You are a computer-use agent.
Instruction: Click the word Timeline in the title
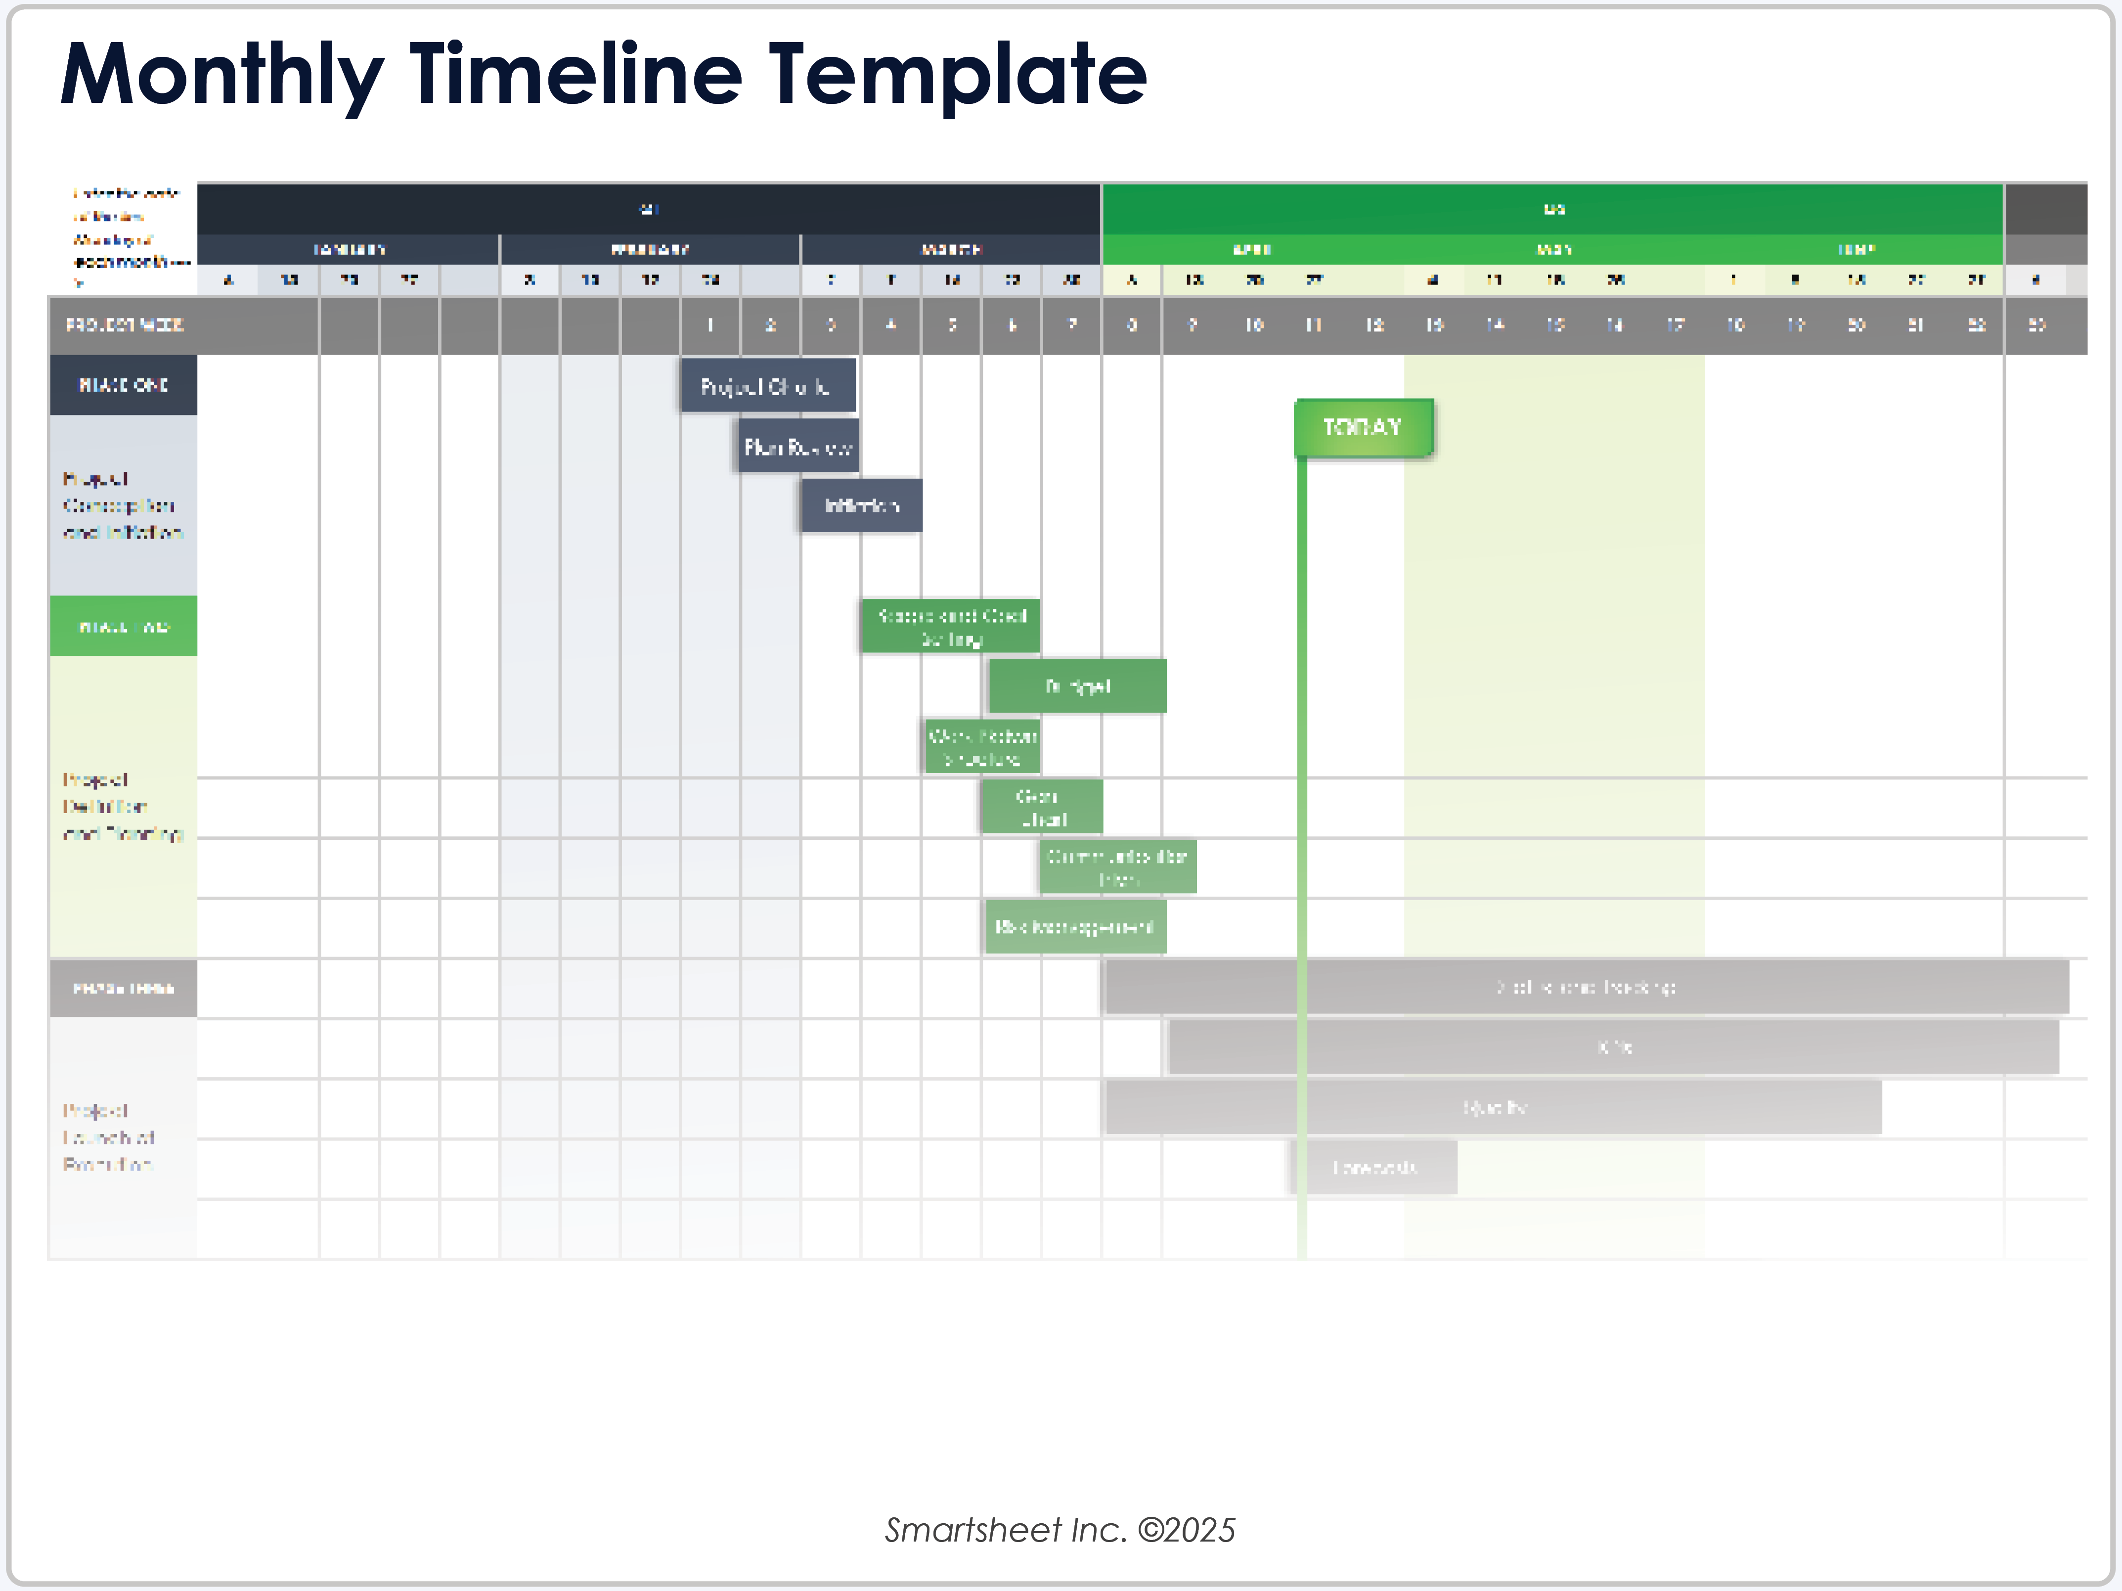(x=575, y=75)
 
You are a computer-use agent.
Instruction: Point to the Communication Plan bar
(x=1117, y=866)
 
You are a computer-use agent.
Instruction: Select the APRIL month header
(x=1252, y=249)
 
